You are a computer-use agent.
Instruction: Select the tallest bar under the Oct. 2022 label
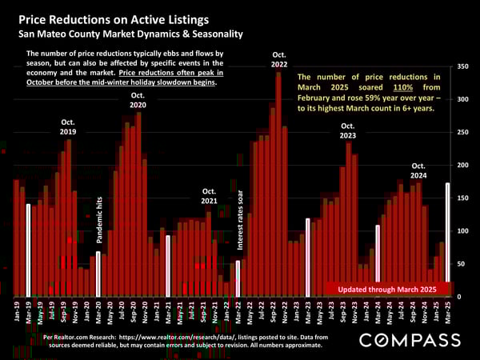pyautogui.click(x=278, y=184)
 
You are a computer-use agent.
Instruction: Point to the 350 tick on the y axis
pyautogui.click(x=463, y=67)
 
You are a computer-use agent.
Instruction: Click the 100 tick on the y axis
pyautogui.click(x=463, y=231)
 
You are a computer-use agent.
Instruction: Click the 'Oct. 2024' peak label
pyautogui.click(x=418, y=170)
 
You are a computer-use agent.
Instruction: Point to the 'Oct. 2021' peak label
pyautogui.click(x=209, y=197)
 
